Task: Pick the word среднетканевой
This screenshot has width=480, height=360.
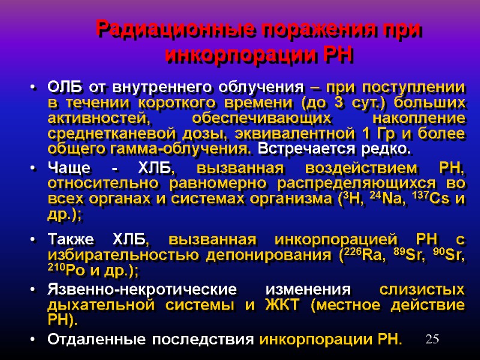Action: [x=110, y=133]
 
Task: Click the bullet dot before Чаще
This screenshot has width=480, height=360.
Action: [x=31, y=169]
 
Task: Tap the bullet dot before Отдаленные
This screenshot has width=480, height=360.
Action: [x=31, y=339]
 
